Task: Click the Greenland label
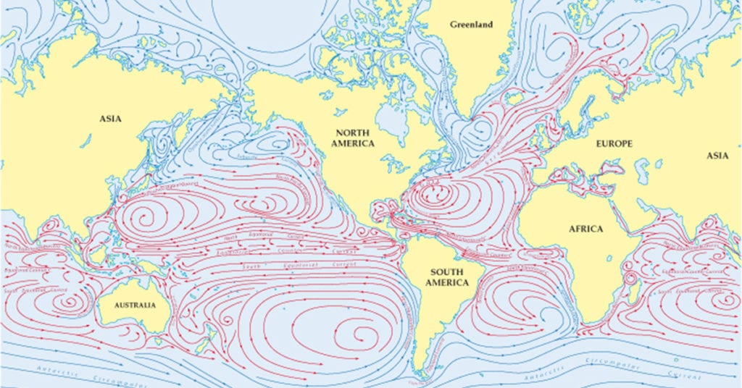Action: [x=471, y=25]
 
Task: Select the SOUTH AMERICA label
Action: [x=446, y=277]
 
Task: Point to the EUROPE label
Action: [x=614, y=143]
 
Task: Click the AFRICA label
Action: [x=585, y=229]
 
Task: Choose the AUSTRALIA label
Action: [x=135, y=305]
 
